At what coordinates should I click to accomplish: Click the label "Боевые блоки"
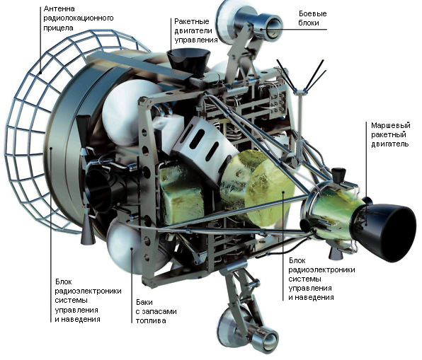[x=312, y=18]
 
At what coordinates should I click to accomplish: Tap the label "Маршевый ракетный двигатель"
[x=391, y=134]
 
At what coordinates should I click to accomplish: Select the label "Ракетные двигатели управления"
[x=196, y=30]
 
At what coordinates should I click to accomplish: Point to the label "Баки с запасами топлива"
[x=156, y=311]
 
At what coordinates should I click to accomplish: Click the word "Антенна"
[x=59, y=8]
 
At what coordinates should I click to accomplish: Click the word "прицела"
[x=58, y=28]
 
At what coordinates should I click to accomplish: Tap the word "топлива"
[x=150, y=320]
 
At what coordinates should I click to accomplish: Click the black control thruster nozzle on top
[x=188, y=62]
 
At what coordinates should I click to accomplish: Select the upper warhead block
[x=249, y=23]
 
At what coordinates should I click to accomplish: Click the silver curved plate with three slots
[x=201, y=141]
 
